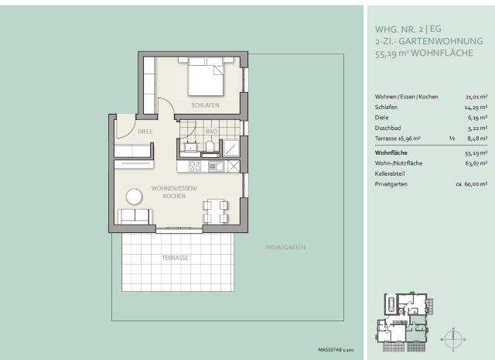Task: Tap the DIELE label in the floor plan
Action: pyautogui.click(x=146, y=132)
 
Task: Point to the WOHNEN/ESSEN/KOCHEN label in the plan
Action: pyautogui.click(x=175, y=193)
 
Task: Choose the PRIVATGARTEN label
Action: pyautogui.click(x=285, y=247)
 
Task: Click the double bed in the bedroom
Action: pyautogui.click(x=207, y=77)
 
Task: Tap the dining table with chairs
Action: pyautogui.click(x=214, y=210)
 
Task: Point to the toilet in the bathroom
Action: pyautogui.click(x=211, y=147)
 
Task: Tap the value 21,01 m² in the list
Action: pyautogui.click(x=472, y=97)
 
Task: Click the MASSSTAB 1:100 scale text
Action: pyautogui.click(x=336, y=350)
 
